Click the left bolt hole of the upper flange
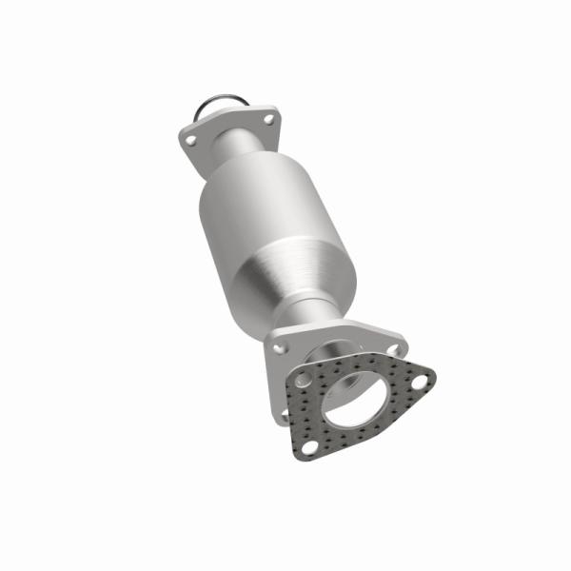click(191, 140)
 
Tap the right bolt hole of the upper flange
click(268, 120)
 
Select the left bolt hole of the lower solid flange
click(279, 348)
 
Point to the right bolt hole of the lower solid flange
click(392, 348)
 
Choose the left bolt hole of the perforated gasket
click(303, 381)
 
